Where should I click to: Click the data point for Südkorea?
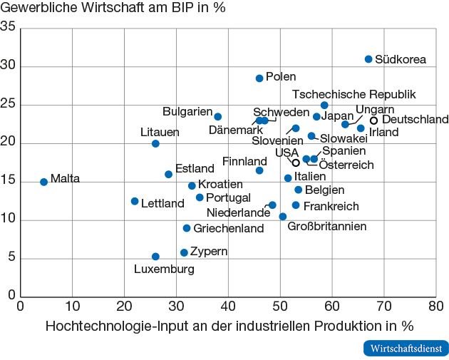click(368, 59)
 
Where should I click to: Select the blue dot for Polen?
click(259, 78)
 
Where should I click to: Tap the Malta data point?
click(43, 182)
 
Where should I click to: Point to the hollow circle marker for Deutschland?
click(373, 120)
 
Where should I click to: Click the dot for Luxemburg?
click(155, 257)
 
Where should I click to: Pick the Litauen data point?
click(155, 143)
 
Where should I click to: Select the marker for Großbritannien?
click(283, 217)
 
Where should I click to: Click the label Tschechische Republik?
click(354, 94)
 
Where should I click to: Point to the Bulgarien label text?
click(187, 112)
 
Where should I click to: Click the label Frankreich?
click(331, 206)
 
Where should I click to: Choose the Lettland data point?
click(135, 201)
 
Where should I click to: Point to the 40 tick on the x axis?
click(228, 306)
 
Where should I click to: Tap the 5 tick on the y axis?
click(11, 258)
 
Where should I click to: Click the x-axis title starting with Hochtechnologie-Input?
click(229, 326)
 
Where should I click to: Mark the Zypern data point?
click(184, 252)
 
